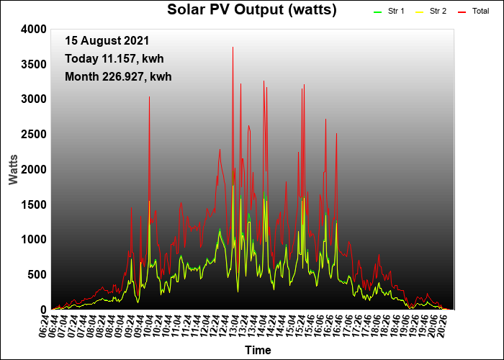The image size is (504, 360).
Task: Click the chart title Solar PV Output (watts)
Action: pos(252,10)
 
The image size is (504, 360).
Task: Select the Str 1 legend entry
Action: pos(389,12)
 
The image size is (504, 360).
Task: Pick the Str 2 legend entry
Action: pos(431,12)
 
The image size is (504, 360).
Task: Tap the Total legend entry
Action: pos(473,12)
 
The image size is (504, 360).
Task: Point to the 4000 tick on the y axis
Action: pos(34,30)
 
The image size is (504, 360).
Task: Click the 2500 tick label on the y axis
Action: pos(34,135)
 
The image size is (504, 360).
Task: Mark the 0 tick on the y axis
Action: pos(44,310)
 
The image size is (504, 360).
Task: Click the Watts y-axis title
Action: pos(13,170)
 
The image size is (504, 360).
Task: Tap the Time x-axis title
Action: pos(258,350)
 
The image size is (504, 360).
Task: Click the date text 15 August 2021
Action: pos(107,41)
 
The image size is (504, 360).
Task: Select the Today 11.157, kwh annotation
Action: pos(114,59)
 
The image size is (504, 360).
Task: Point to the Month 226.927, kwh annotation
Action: pos(118,77)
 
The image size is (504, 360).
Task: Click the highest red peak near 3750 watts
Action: pos(233,48)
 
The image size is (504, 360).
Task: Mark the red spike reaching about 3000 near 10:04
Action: pos(149,97)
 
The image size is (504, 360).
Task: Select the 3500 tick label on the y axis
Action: pos(34,65)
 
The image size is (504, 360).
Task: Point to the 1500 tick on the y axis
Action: pos(34,204)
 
